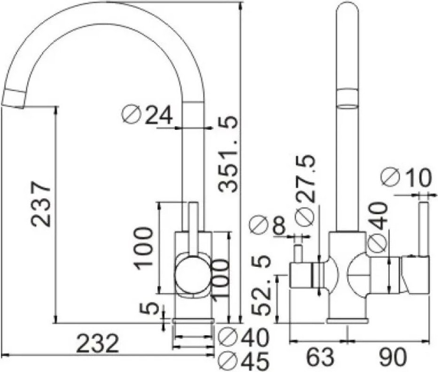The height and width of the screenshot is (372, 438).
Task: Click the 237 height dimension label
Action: click(41, 204)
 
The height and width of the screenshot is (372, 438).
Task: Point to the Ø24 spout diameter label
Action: click(147, 115)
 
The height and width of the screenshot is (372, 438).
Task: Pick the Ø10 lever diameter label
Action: click(406, 178)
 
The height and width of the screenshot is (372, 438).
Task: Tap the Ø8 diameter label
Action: click(268, 225)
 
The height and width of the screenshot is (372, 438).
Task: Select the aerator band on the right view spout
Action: click(348, 99)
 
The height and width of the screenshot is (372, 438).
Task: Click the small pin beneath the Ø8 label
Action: click(299, 254)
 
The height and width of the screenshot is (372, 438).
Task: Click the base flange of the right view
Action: click(347, 321)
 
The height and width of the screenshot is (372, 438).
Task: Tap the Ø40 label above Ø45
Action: click(244, 337)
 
